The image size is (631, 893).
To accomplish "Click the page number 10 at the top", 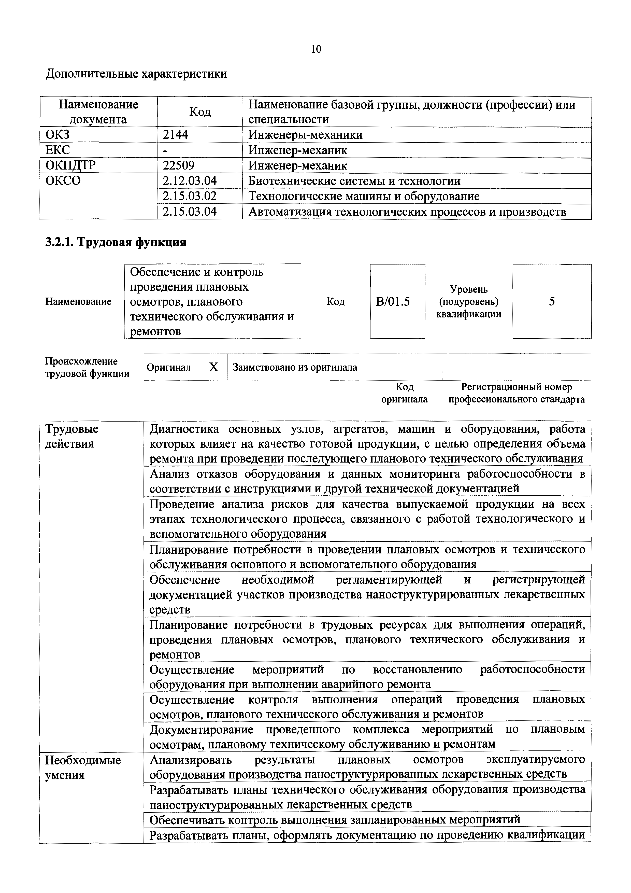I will click(316, 49).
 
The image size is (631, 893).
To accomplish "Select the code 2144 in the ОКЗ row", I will click(175, 135).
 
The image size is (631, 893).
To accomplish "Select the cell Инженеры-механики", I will click(305, 135).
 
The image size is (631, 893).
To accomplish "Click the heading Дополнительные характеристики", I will click(136, 74).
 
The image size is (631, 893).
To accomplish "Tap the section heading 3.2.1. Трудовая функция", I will click(116, 242).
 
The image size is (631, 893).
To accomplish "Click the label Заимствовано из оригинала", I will click(295, 368).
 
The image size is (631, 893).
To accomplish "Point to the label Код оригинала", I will click(404, 393).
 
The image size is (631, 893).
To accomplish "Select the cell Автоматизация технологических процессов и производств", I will click(407, 212).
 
